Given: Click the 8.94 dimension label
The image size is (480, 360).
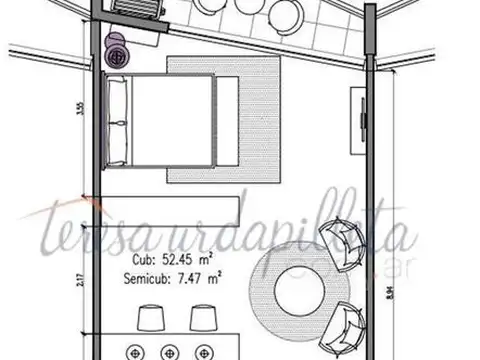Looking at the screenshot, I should click(x=391, y=292).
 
